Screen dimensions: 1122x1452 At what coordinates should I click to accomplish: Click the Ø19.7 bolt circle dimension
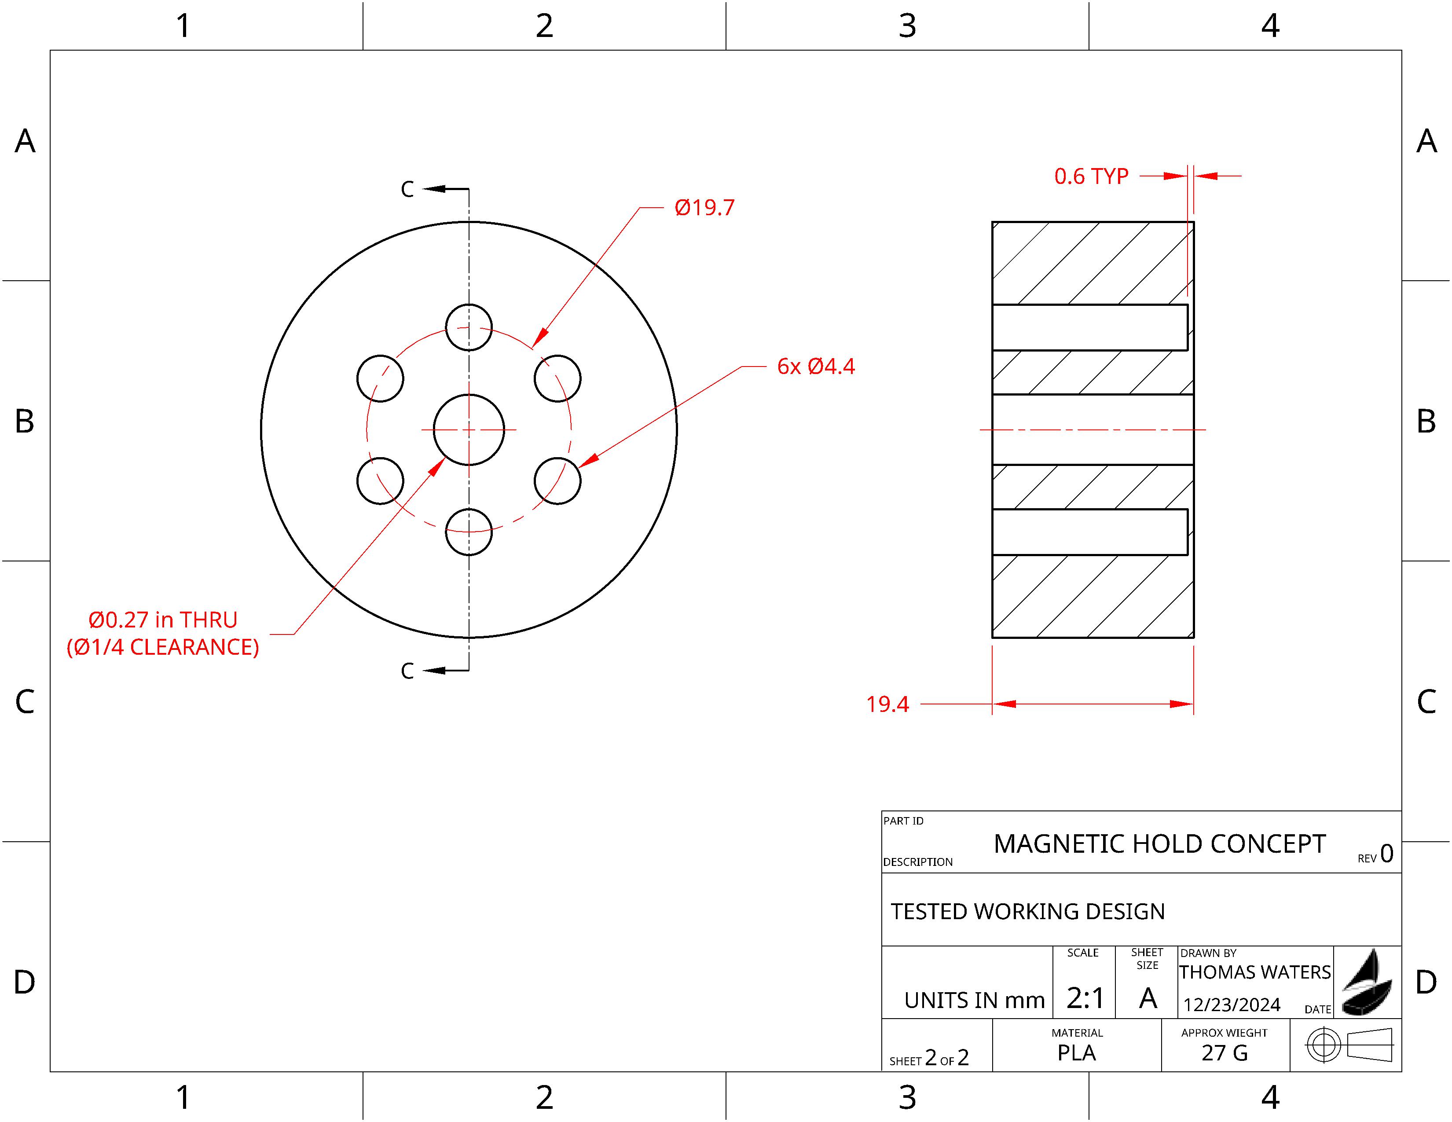[704, 207]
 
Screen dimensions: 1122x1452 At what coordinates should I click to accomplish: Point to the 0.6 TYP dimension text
[1091, 176]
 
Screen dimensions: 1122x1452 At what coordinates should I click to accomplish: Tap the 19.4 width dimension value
[887, 704]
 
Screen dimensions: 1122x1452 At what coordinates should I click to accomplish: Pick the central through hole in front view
[469, 430]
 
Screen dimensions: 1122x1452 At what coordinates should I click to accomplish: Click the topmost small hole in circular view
[469, 327]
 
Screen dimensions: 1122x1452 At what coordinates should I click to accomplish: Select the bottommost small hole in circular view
[469, 532]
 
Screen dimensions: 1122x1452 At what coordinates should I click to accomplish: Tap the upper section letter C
[407, 190]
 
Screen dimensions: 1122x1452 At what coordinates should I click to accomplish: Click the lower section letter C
[407, 671]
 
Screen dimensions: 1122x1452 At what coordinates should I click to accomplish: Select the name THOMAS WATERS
[1254, 972]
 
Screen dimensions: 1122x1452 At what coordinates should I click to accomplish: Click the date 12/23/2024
[1231, 1005]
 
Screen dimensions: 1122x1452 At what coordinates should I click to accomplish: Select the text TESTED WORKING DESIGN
[1027, 911]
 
